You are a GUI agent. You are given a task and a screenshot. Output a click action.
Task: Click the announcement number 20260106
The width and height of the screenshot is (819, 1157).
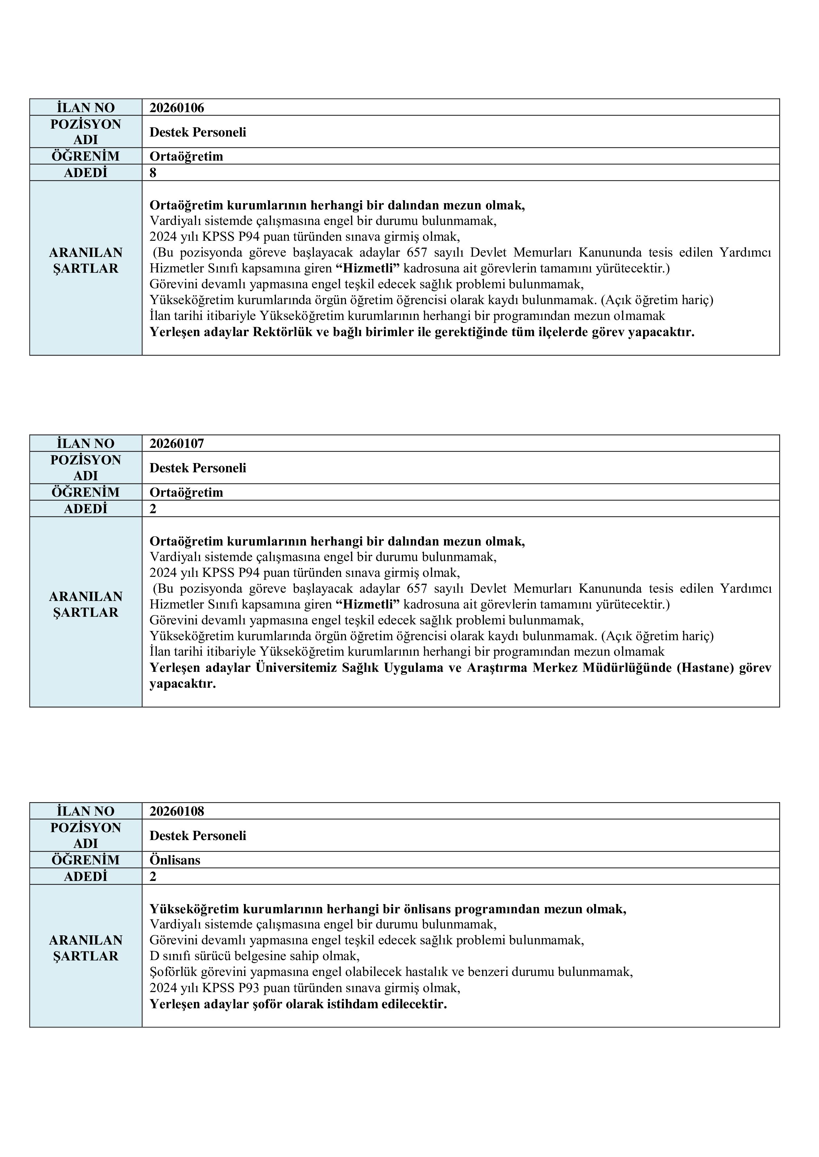pyautogui.click(x=177, y=108)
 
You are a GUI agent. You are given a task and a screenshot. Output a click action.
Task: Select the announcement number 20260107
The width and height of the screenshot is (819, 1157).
pyautogui.click(x=177, y=444)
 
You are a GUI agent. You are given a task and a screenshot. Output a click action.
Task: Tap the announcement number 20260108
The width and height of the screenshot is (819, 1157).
pyautogui.click(x=177, y=811)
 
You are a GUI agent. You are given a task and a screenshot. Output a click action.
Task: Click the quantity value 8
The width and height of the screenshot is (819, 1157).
pyautogui.click(x=153, y=173)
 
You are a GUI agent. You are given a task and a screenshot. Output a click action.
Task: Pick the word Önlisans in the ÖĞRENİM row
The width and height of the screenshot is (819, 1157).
pyautogui.click(x=175, y=860)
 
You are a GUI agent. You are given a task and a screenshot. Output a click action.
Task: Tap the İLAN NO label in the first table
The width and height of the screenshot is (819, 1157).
pyautogui.click(x=86, y=108)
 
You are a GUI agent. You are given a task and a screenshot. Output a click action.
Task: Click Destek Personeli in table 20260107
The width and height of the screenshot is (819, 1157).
pyautogui.click(x=198, y=468)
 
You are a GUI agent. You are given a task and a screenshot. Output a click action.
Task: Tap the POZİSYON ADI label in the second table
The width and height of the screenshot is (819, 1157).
pyautogui.click(x=86, y=468)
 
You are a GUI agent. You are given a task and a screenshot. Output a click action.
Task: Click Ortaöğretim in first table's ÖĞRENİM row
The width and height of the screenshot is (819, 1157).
pyautogui.click(x=186, y=157)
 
